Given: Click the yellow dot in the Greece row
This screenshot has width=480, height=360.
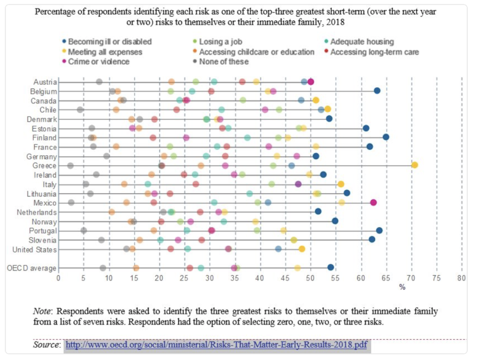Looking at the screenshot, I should tap(414, 165).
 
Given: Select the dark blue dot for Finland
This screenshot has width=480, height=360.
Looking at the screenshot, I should tap(386, 137).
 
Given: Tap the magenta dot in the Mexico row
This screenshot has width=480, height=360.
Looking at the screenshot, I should tap(373, 202).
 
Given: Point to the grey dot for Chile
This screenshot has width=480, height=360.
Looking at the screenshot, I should tap(80, 109).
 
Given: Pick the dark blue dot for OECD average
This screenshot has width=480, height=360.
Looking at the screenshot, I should tap(330, 267).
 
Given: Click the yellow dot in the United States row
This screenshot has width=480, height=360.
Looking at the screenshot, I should tap(302, 249).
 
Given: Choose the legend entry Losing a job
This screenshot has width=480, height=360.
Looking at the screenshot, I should tap(220, 42).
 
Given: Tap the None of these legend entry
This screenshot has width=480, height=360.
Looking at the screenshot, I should tap(224, 61).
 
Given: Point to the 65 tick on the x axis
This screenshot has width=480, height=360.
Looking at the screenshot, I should tap(386, 278).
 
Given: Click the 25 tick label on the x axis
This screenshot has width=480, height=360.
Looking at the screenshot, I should tap(185, 278).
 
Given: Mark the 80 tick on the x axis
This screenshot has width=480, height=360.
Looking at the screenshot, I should tap(462, 278).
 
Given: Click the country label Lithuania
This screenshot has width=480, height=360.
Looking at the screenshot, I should tap(42, 194).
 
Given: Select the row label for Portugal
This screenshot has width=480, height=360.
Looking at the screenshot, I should tap(44, 231).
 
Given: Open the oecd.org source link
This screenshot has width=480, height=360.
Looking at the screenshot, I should tap(216, 345).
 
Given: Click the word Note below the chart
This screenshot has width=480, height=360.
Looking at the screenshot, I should tap(41, 311).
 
